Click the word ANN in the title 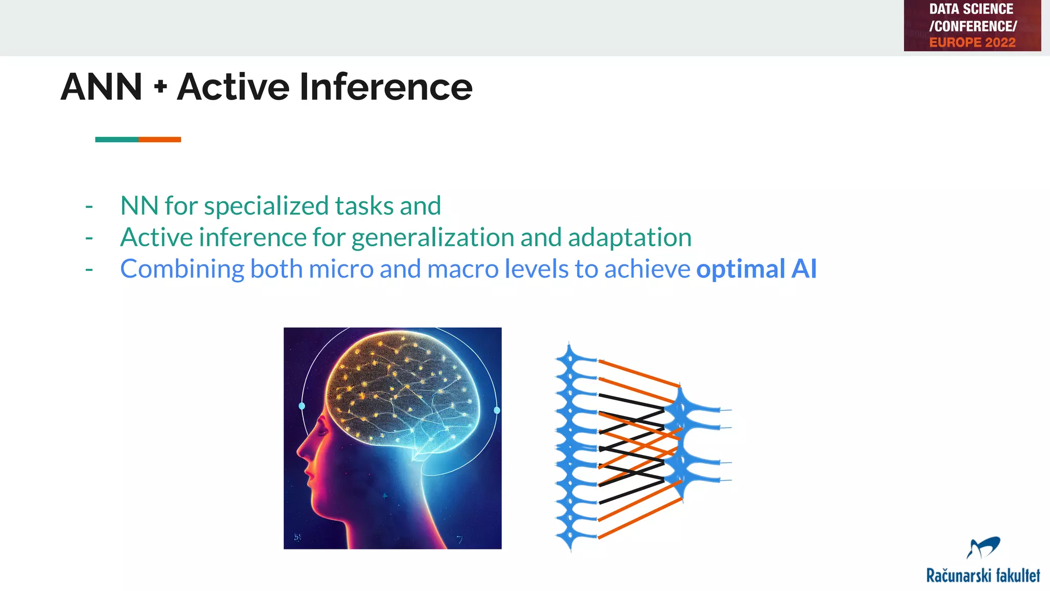coord(101,87)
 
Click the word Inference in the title coord(386,87)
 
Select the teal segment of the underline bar coord(116,140)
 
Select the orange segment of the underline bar coord(159,140)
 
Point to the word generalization coord(433,238)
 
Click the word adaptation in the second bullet coord(630,238)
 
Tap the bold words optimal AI coord(756,269)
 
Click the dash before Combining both coord(89,269)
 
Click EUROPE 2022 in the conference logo coord(972,43)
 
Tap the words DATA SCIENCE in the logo coord(971,9)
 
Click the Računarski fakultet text coord(983,575)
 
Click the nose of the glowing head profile coord(300,452)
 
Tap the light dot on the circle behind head coord(497,410)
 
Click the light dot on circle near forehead coord(301,406)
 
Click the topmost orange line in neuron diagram coord(639,373)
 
